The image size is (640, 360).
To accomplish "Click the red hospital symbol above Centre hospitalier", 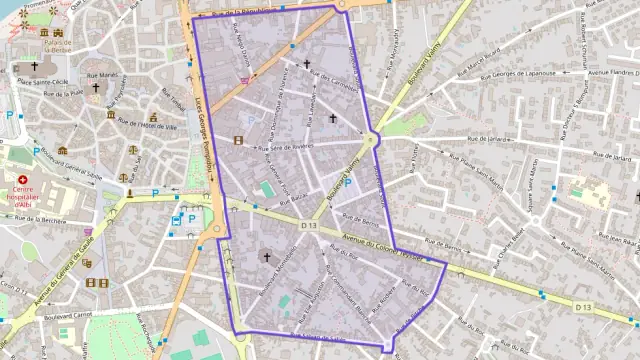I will point(18,169).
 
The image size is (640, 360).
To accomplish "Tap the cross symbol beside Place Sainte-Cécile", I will point(96,88).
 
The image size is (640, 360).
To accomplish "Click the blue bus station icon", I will point(191,219).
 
